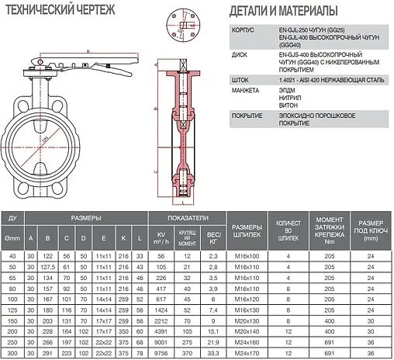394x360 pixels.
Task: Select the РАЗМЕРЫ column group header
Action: (x=86, y=218)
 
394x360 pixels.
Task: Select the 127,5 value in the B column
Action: (x=48, y=265)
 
